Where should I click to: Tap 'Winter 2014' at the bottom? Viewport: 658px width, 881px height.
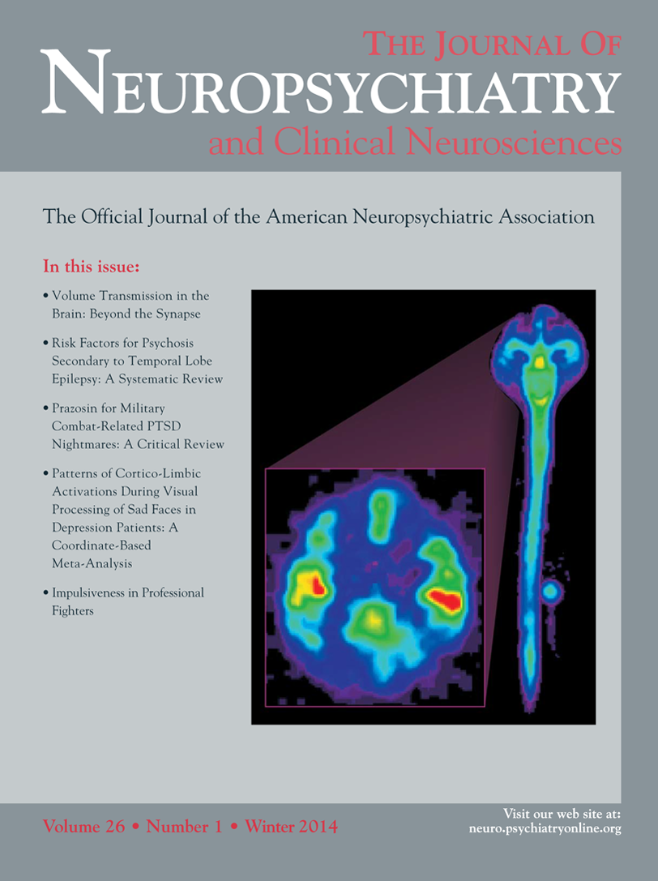pos(291,828)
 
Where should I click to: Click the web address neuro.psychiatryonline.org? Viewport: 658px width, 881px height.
pos(545,828)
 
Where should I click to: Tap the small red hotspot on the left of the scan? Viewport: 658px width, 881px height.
pos(316,585)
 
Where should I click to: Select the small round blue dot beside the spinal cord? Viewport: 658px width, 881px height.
pos(550,592)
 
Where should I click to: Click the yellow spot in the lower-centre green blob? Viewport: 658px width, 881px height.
pos(374,618)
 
